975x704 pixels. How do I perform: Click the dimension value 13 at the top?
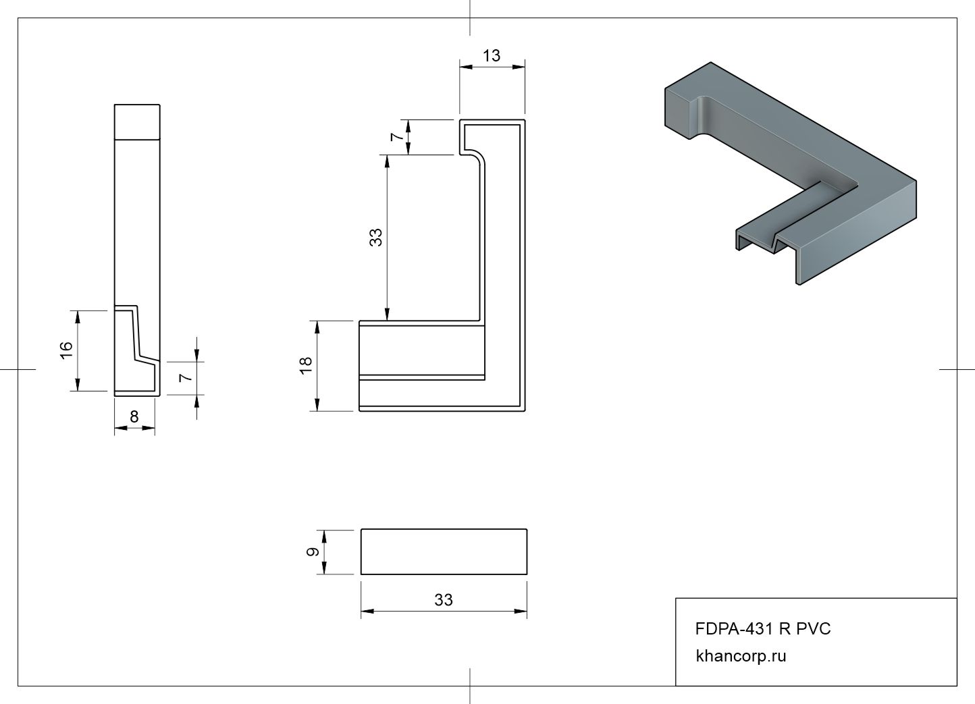click(x=492, y=56)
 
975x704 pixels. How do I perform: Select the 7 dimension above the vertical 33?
click(x=398, y=137)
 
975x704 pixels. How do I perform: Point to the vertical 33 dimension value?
click(x=376, y=237)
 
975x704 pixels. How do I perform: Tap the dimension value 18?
click(x=306, y=365)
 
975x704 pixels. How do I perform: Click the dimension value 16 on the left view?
click(x=66, y=350)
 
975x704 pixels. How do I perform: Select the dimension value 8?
click(x=134, y=417)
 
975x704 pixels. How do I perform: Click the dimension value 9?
click(x=313, y=552)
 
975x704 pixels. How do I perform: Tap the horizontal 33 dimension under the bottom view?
click(x=444, y=600)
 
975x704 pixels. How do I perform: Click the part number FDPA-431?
click(x=735, y=629)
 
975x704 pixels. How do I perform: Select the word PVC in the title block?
click(x=814, y=629)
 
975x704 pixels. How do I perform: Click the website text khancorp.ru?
click(x=741, y=656)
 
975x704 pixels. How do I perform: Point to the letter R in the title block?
click(x=785, y=629)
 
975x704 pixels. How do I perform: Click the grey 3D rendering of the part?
click(x=790, y=169)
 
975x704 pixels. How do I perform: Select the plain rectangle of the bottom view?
click(x=444, y=551)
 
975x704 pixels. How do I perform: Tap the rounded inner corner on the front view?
click(x=478, y=159)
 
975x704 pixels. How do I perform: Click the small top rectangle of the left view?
click(x=137, y=122)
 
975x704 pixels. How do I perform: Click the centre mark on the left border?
click(x=18, y=370)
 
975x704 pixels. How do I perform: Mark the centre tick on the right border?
click(x=957, y=370)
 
